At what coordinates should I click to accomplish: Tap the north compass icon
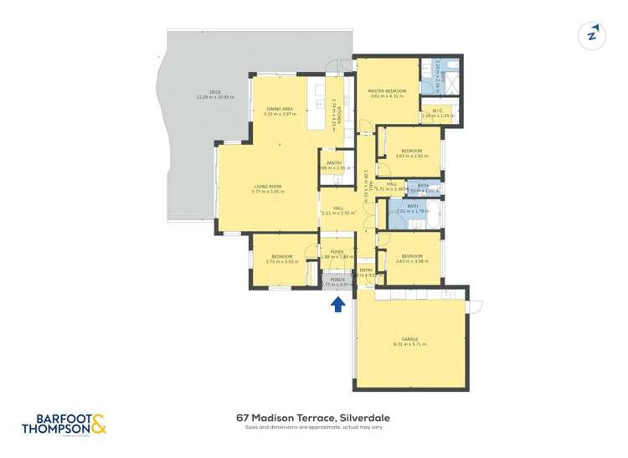[593, 34]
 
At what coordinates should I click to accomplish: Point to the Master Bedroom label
[387, 90]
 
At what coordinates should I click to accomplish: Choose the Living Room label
[268, 187]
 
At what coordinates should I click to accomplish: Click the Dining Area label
[280, 110]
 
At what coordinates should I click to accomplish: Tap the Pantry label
[333, 163]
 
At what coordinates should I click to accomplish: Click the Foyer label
[337, 251]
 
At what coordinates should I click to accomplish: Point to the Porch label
[337, 280]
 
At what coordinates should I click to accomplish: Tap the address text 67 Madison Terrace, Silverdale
[313, 417]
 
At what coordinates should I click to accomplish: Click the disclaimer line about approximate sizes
[313, 428]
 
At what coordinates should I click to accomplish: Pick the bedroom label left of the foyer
[281, 256]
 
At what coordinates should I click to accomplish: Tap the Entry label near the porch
[366, 270]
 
